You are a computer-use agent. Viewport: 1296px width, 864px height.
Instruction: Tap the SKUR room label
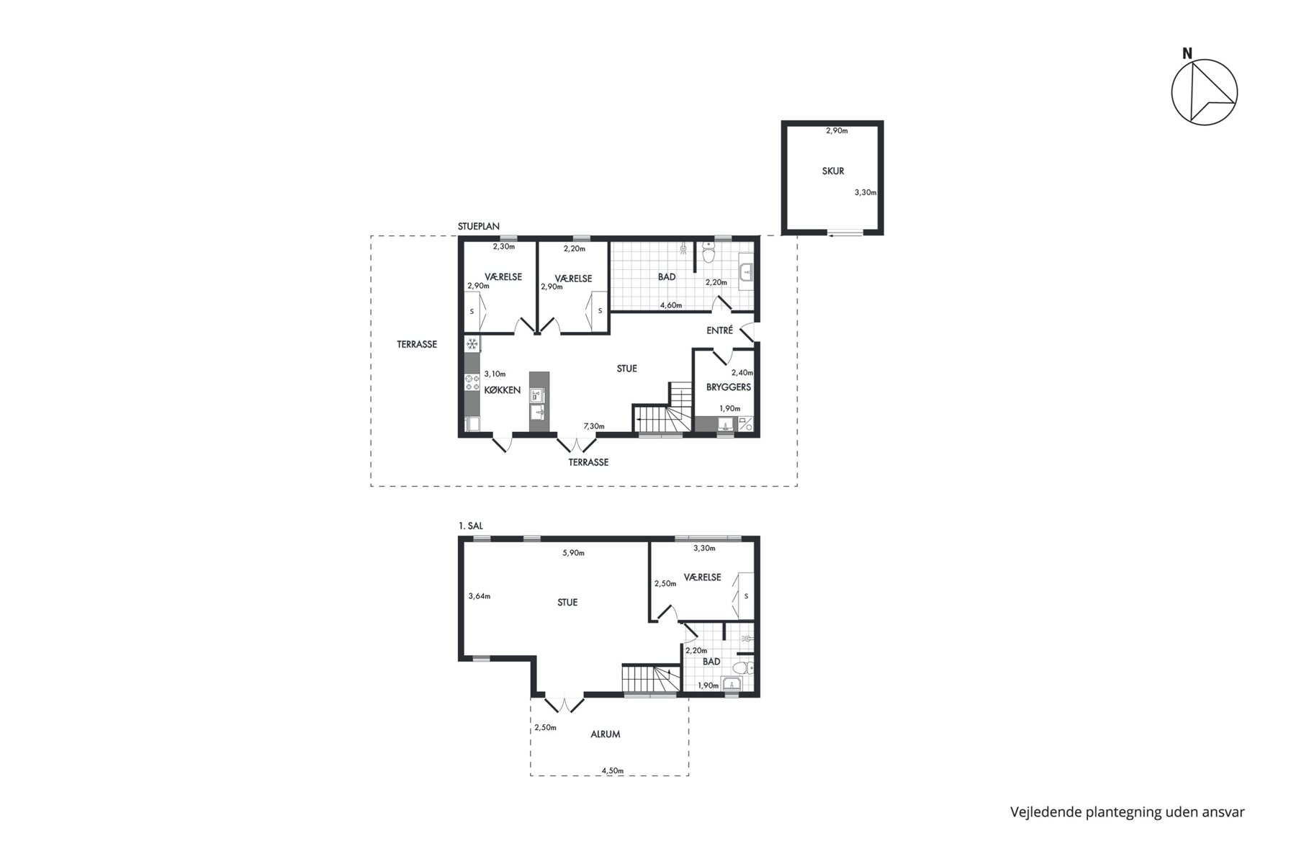click(x=833, y=171)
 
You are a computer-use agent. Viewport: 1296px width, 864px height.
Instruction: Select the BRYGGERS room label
click(x=729, y=387)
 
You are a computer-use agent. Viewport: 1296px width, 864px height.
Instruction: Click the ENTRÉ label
click(x=720, y=330)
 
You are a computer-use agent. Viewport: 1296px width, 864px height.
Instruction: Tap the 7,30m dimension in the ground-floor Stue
click(x=593, y=426)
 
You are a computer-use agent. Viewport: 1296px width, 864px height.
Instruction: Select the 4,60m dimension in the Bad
click(x=671, y=305)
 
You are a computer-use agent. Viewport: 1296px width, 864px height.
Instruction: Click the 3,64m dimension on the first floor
click(x=479, y=595)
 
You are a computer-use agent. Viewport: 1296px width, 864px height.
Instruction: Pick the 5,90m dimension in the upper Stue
click(x=573, y=553)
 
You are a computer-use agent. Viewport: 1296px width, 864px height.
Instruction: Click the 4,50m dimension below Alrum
click(x=613, y=770)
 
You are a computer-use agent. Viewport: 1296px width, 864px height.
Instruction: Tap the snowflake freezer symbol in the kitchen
click(x=472, y=344)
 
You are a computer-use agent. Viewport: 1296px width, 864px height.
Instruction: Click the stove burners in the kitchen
click(x=472, y=382)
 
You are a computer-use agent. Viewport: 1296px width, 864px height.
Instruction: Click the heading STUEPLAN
click(x=479, y=226)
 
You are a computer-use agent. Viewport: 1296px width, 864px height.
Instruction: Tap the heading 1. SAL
click(x=471, y=526)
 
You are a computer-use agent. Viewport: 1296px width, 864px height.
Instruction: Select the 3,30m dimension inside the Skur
click(x=865, y=192)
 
